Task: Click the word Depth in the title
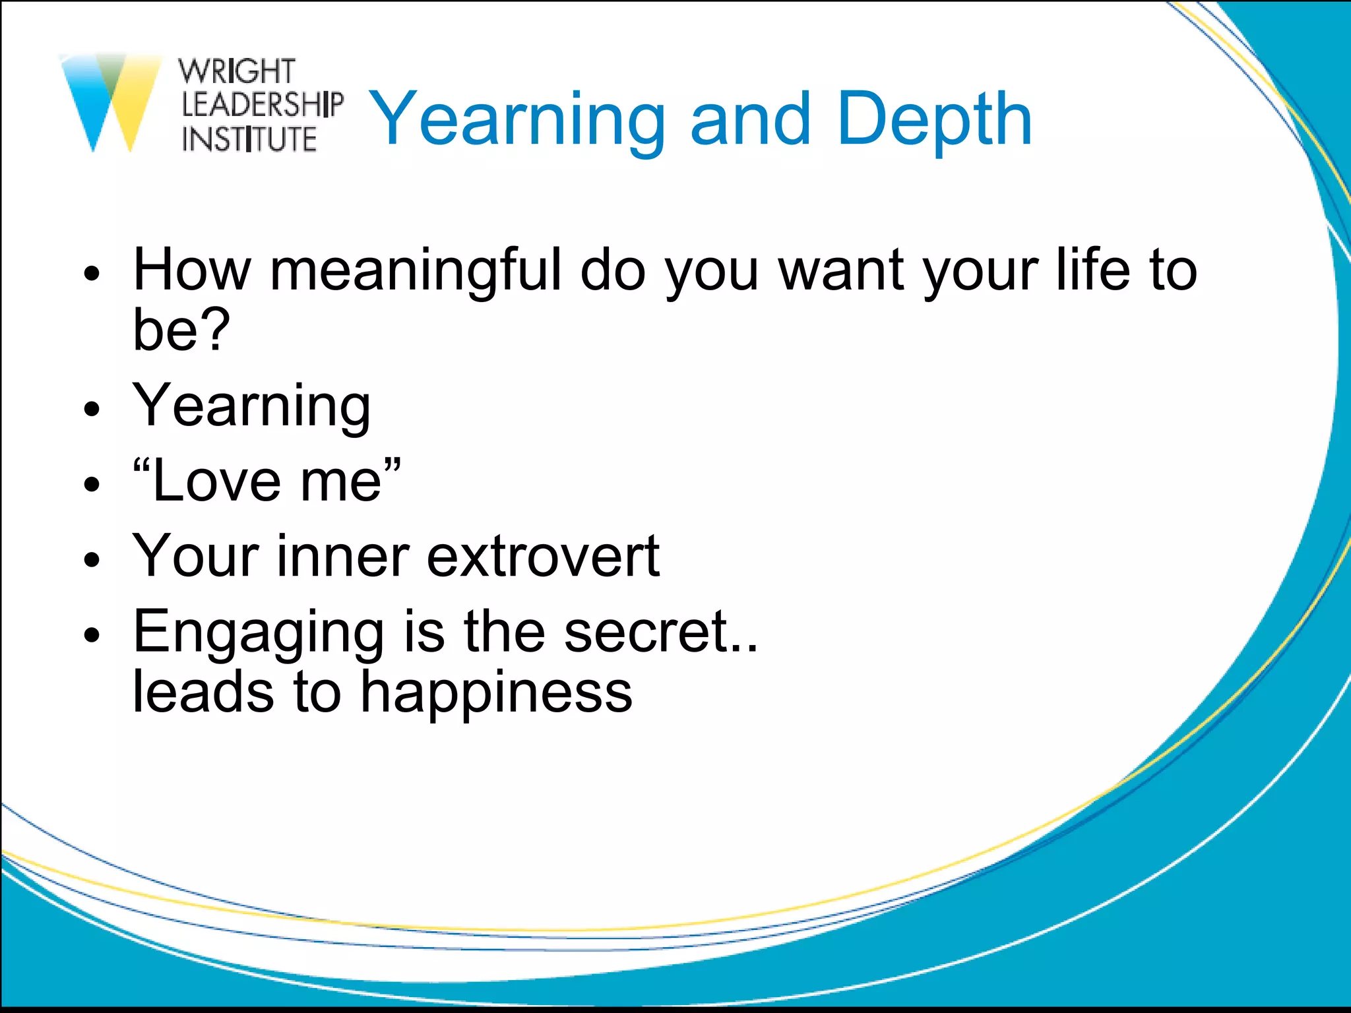tap(934, 120)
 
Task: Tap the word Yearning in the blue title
tap(517, 120)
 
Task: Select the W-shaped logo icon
tap(111, 102)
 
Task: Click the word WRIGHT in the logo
tap(237, 71)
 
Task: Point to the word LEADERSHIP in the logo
tap(262, 105)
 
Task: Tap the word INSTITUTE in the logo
tap(249, 139)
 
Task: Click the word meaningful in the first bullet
tap(416, 270)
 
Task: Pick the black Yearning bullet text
tap(251, 406)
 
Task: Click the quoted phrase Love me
tap(267, 481)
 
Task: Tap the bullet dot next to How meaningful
tap(92, 274)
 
